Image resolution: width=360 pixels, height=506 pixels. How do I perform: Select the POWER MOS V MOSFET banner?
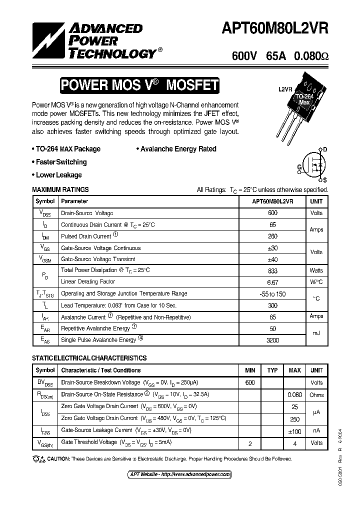coord(139,85)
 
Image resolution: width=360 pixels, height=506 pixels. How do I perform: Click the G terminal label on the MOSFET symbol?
coord(299,167)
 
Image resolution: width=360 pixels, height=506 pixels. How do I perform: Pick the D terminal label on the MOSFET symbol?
coord(325,149)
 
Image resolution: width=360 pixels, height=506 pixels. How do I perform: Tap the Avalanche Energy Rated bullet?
coord(176,149)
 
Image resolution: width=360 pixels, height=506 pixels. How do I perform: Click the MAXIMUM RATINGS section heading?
coord(60,190)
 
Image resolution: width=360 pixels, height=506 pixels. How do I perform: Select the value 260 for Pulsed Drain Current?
coord(272,236)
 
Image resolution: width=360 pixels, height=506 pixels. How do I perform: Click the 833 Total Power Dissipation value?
coord(272,270)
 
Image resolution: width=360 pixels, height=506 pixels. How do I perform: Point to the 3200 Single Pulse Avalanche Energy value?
coord(272,340)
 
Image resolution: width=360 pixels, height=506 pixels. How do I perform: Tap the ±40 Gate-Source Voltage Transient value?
coord(272,259)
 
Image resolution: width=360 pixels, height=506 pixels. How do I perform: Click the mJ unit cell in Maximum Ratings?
coord(316,333)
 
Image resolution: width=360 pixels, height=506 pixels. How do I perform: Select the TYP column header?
coord(272,370)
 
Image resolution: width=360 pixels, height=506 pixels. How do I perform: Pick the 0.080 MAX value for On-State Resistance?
coord(295,394)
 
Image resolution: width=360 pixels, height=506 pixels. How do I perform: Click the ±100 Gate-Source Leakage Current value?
coord(295,430)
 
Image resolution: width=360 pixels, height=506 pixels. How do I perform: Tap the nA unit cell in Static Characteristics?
coord(316,430)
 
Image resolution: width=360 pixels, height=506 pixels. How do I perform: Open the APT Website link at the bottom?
coord(177,474)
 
